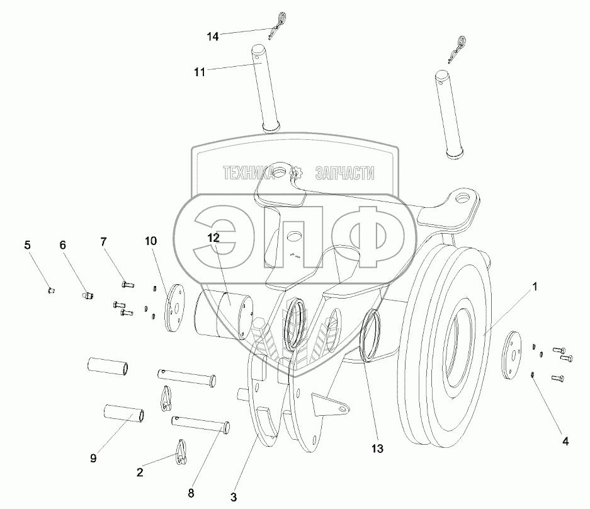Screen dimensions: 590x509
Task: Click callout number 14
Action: tap(213, 37)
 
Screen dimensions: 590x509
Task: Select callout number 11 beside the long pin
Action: tap(200, 73)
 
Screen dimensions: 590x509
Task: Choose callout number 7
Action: tap(103, 241)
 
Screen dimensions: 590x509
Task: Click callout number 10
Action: tap(149, 241)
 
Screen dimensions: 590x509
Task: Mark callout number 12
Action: tap(214, 238)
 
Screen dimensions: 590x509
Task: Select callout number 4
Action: tap(565, 442)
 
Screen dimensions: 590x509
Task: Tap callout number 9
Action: tap(93, 458)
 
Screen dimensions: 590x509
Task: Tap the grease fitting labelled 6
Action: tap(88, 294)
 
